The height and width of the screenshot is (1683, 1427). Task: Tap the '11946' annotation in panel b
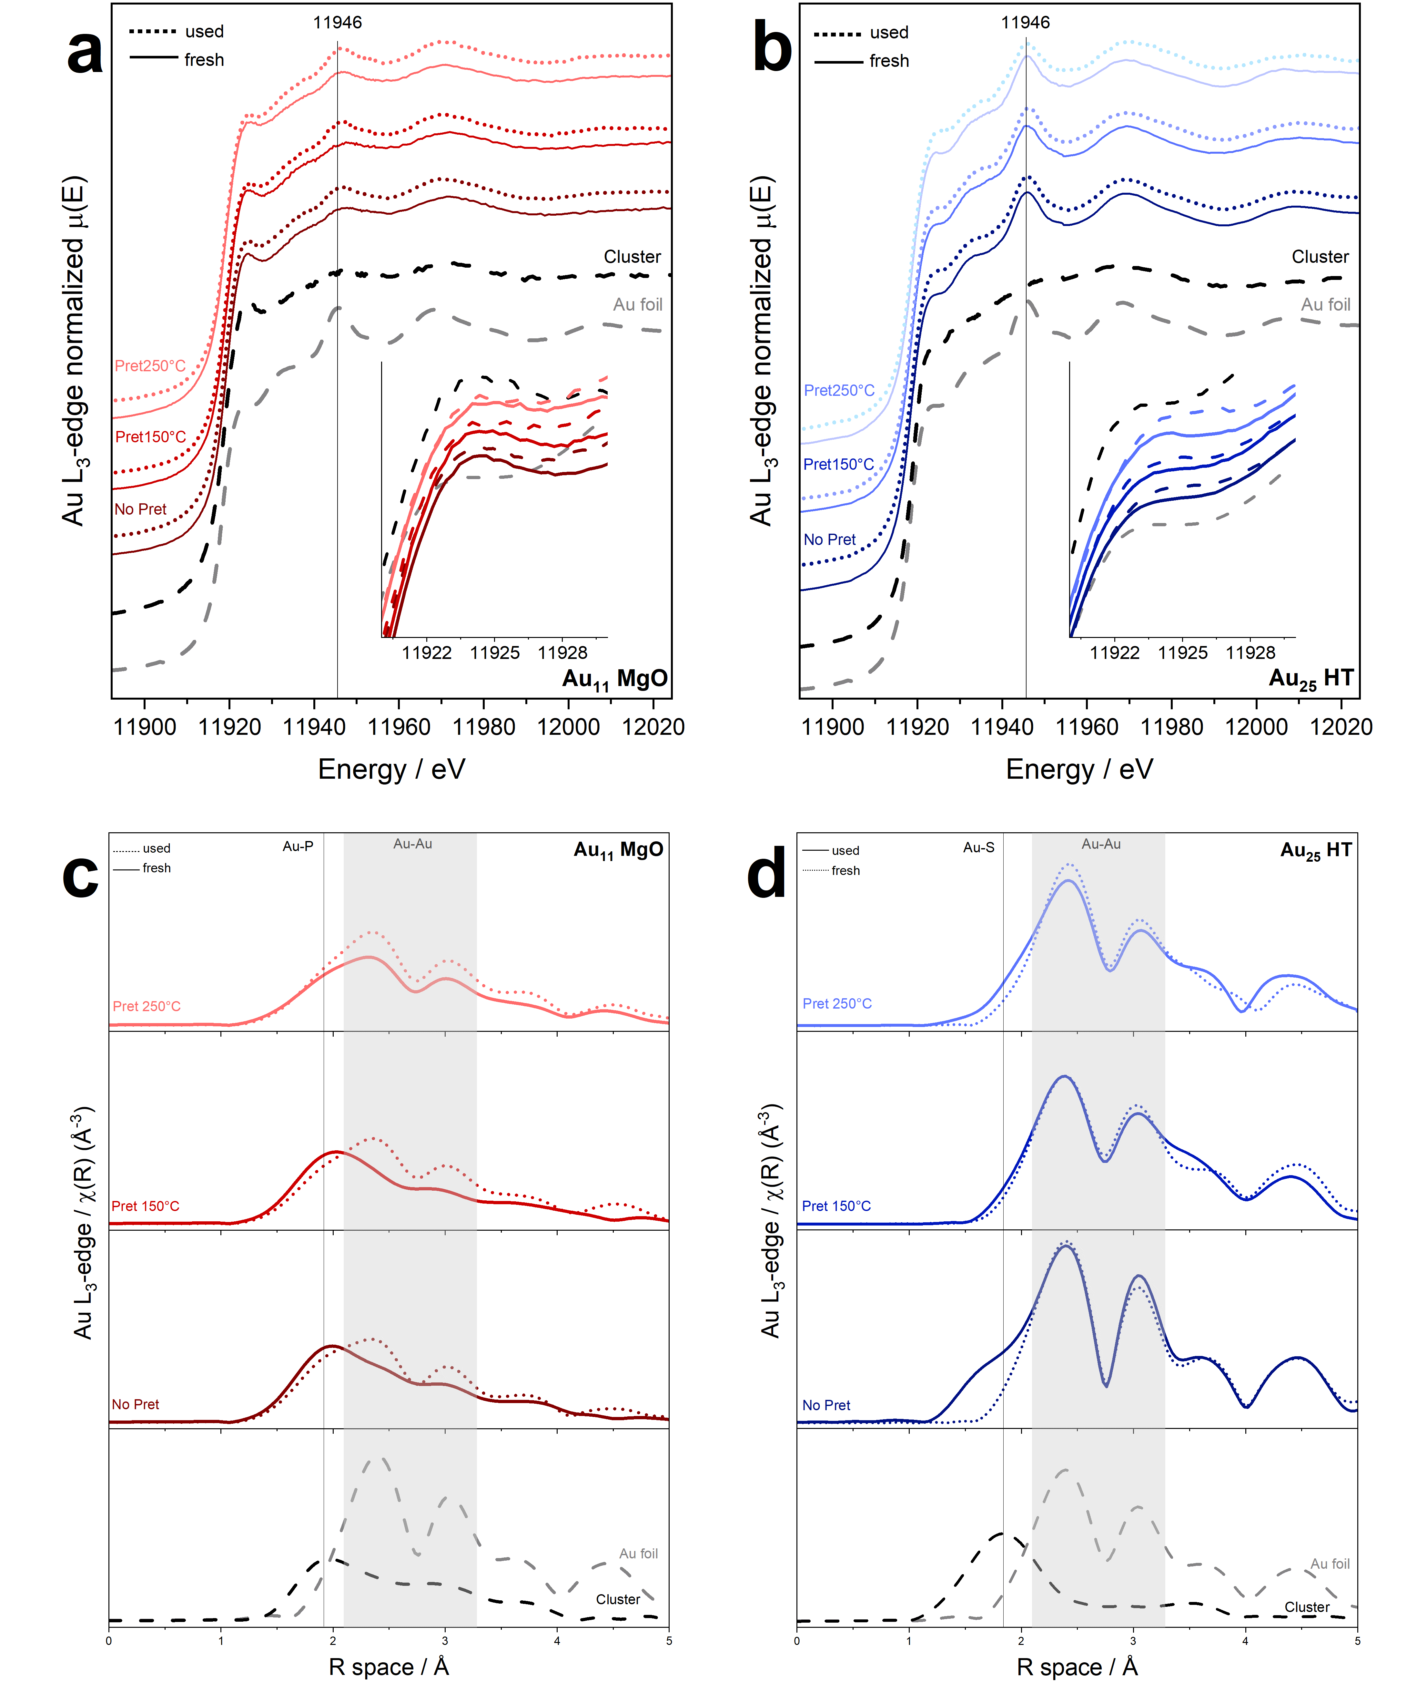(x=1025, y=23)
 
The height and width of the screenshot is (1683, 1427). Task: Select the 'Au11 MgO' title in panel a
(x=615, y=680)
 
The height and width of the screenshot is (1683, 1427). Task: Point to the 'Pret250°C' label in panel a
(x=150, y=366)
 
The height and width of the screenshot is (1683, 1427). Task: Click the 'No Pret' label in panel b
(x=829, y=540)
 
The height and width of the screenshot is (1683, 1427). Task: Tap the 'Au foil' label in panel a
(x=637, y=305)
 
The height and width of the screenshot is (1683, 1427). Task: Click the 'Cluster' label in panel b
(x=1320, y=257)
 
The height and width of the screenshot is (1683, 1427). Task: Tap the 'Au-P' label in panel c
(x=298, y=847)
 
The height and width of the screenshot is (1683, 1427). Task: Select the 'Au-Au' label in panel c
(x=412, y=844)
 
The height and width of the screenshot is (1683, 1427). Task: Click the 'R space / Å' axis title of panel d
(x=1077, y=1667)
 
